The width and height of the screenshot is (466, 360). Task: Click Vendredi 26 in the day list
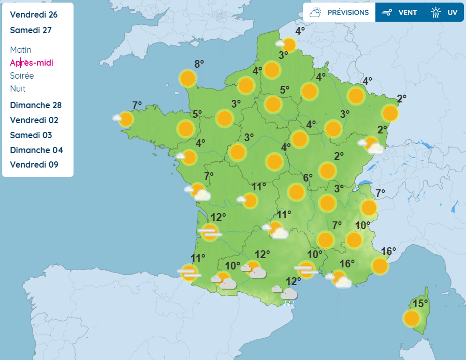click(x=34, y=14)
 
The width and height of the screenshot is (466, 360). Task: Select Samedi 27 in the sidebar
click(x=31, y=30)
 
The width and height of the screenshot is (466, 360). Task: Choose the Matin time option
click(x=21, y=50)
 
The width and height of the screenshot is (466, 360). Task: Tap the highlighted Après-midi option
click(x=32, y=63)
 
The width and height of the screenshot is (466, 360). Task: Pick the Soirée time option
click(x=22, y=76)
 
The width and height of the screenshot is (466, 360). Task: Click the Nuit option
click(x=18, y=88)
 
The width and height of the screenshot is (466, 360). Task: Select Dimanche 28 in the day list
click(x=36, y=105)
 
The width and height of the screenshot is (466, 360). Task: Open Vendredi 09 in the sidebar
click(x=34, y=164)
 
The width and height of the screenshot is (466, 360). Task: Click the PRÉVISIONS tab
click(x=339, y=12)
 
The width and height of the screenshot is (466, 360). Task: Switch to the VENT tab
click(x=399, y=12)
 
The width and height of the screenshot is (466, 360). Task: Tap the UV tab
click(x=445, y=12)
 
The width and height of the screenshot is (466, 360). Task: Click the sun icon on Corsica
click(x=412, y=318)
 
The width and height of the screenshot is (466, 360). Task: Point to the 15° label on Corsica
click(x=420, y=303)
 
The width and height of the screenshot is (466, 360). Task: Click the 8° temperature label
click(x=199, y=64)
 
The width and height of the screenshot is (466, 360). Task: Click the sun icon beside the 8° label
click(x=188, y=79)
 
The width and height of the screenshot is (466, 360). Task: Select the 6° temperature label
click(x=308, y=178)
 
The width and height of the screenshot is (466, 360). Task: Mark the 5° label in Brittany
click(x=197, y=114)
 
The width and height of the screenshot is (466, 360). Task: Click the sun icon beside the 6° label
click(x=296, y=192)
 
